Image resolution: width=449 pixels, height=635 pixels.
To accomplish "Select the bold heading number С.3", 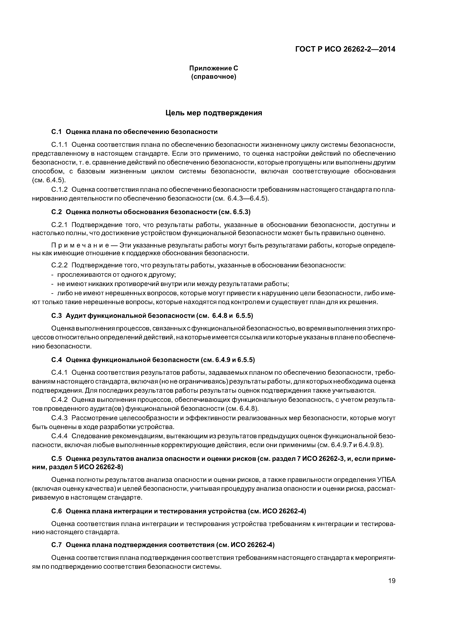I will (56, 316).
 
